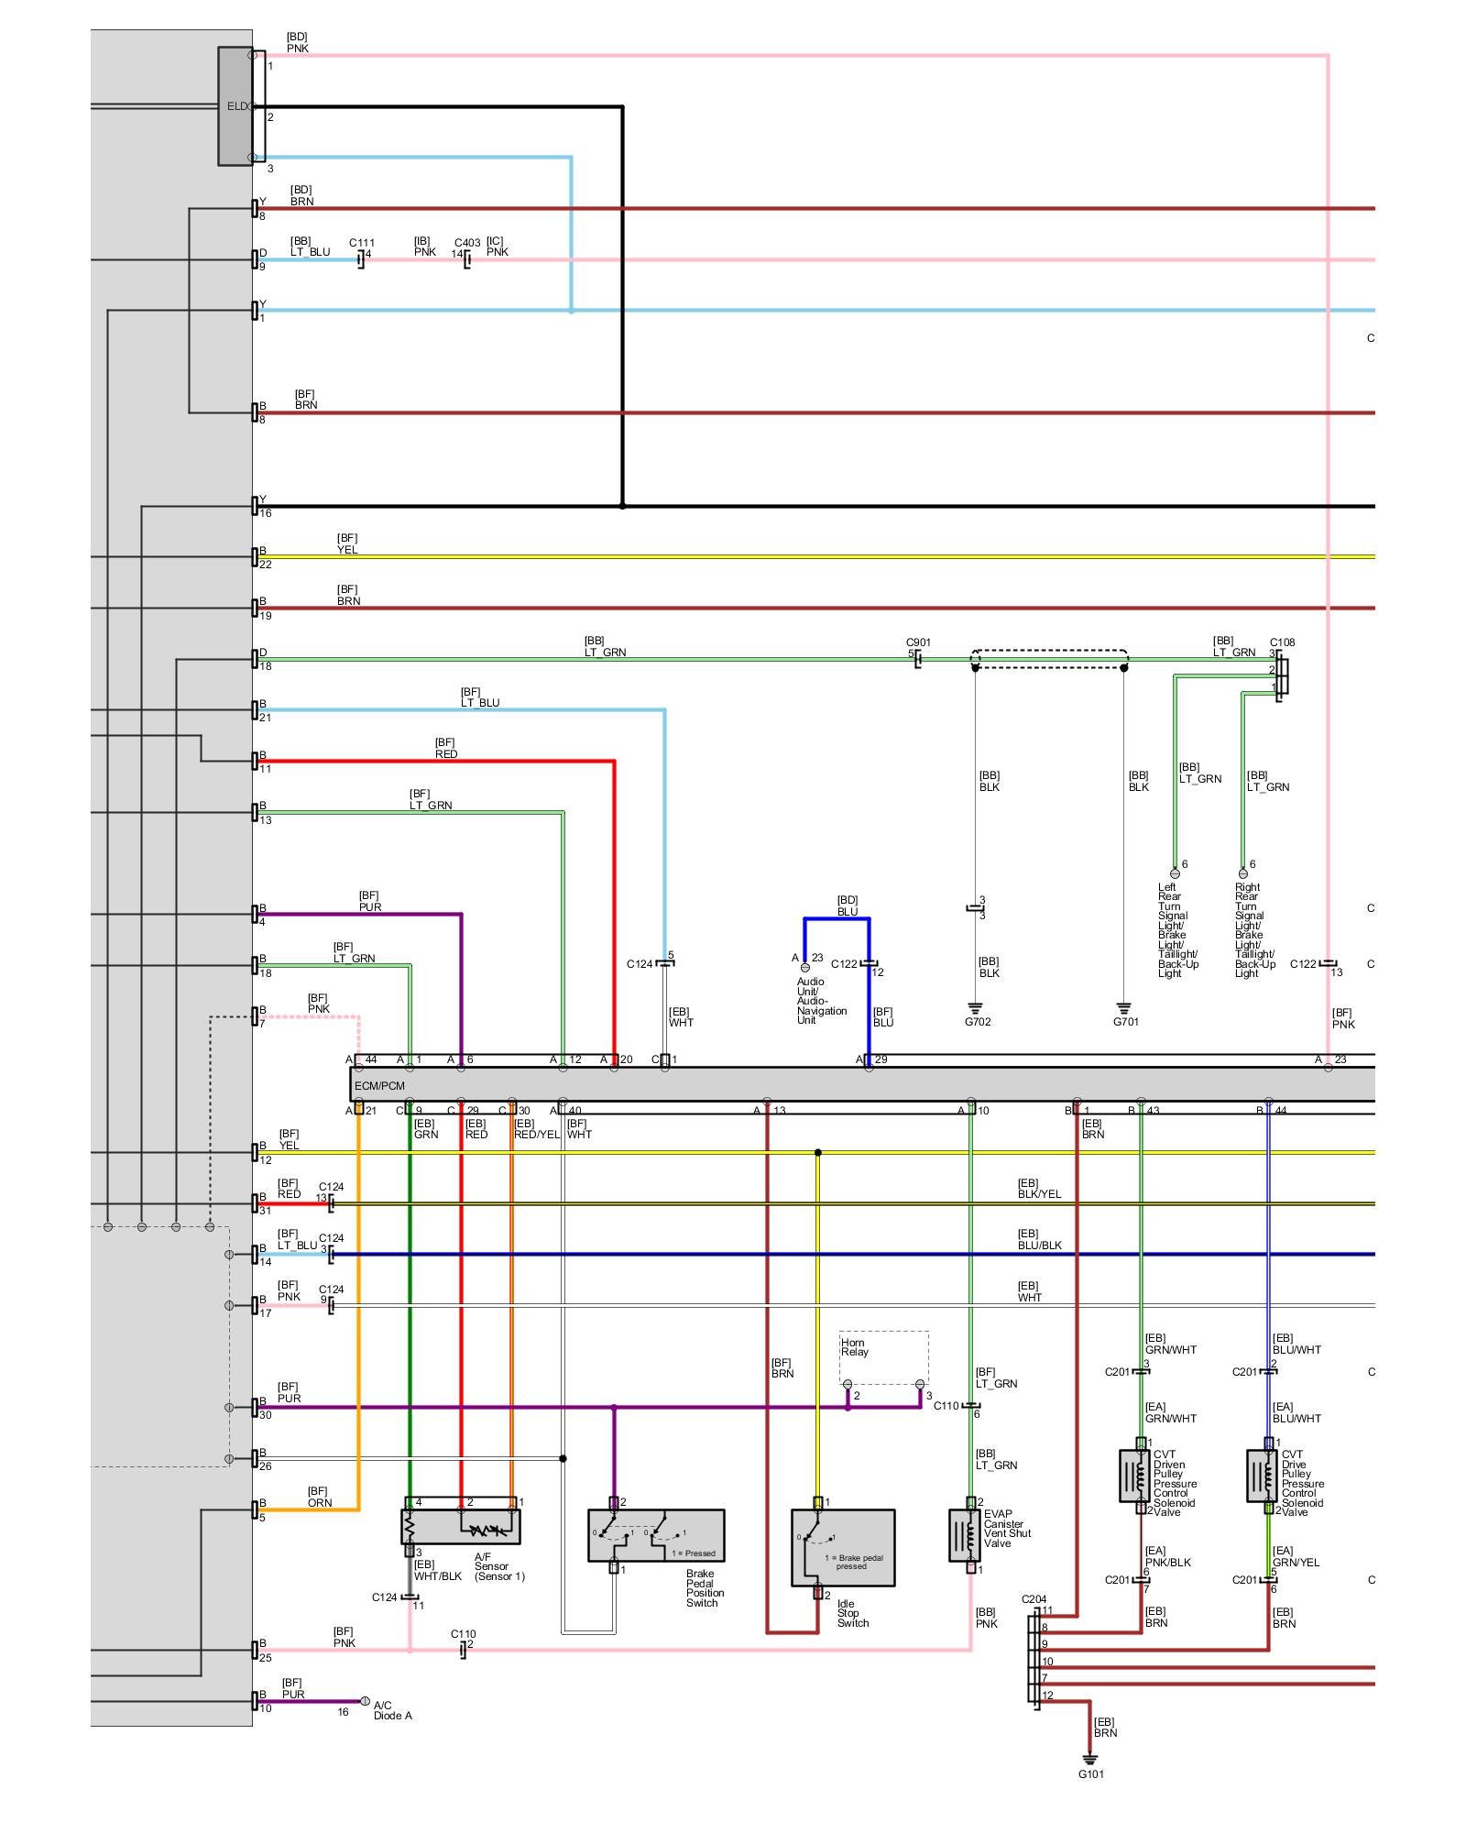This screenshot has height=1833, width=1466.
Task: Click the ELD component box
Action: pyautogui.click(x=235, y=106)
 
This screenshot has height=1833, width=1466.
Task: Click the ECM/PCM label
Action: pyautogui.click(x=379, y=1085)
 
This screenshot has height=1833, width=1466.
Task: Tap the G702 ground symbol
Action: pyautogui.click(x=976, y=1009)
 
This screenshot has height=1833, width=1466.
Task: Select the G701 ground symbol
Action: pyautogui.click(x=1124, y=1009)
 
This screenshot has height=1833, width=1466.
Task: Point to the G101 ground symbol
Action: pyautogui.click(x=1089, y=1759)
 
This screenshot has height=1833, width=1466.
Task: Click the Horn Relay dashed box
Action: pyautogui.click(x=883, y=1357)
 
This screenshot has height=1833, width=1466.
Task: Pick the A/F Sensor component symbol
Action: pyautogui.click(x=460, y=1527)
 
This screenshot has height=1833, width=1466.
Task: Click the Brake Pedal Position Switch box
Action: pyautogui.click(x=656, y=1536)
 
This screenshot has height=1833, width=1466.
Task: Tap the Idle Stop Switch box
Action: pyautogui.click(x=843, y=1548)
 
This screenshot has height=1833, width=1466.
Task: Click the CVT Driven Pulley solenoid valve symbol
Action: pyautogui.click(x=1134, y=1476)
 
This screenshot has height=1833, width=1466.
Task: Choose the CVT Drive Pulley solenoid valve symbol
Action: pyautogui.click(x=1262, y=1476)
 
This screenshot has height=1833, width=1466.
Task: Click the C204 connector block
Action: pyautogui.click(x=1034, y=1662)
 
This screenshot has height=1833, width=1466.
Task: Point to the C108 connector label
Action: pyautogui.click(x=1282, y=642)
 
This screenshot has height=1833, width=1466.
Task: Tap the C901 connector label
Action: pyautogui.click(x=918, y=642)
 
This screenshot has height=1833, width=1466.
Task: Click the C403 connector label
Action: pyautogui.click(x=467, y=243)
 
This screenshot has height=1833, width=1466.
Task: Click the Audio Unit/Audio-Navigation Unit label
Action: pyautogui.click(x=821, y=1000)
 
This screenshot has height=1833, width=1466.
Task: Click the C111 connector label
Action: pyautogui.click(x=362, y=243)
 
